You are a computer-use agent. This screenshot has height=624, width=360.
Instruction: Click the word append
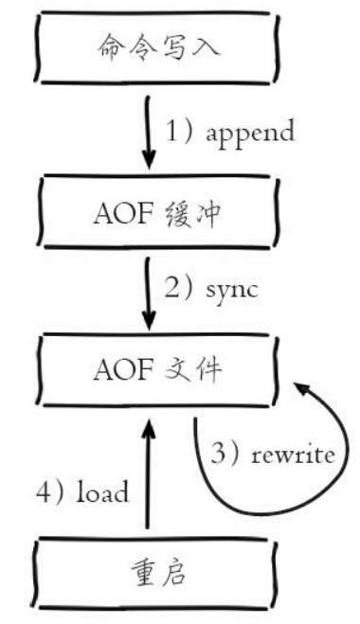click(248, 134)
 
